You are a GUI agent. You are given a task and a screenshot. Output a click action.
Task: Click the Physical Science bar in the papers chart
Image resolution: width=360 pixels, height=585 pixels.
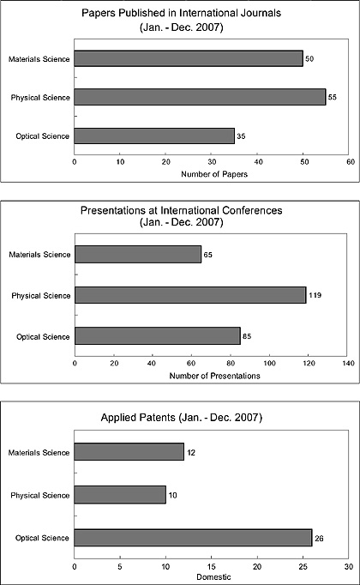[x=200, y=97]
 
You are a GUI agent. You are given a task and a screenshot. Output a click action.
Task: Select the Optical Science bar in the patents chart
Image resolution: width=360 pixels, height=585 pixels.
[x=193, y=538]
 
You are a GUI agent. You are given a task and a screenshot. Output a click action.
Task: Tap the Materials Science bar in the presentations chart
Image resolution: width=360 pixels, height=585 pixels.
[x=138, y=255]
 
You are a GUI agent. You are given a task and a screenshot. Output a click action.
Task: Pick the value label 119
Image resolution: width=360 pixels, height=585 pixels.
[x=315, y=295]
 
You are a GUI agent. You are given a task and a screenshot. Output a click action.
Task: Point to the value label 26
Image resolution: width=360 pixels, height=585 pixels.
[x=319, y=539]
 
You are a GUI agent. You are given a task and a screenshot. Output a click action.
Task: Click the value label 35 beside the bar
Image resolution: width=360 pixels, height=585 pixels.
[x=241, y=136]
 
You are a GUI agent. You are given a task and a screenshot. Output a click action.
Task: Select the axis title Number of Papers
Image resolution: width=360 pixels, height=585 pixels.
[x=214, y=174]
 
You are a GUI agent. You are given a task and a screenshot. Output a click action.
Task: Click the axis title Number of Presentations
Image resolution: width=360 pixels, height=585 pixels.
[x=214, y=376]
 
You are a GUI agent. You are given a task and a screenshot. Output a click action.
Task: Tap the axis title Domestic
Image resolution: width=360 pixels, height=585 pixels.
[x=213, y=576]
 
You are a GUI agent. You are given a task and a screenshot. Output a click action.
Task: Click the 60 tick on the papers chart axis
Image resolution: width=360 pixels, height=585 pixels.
[x=351, y=162]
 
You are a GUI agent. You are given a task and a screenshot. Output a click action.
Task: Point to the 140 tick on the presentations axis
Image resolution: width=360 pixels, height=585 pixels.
[x=348, y=364]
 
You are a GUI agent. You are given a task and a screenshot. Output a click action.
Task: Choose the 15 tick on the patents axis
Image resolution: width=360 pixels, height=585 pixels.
[x=212, y=567]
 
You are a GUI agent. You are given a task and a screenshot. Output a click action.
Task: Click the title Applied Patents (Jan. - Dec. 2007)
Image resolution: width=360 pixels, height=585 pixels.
[x=182, y=417]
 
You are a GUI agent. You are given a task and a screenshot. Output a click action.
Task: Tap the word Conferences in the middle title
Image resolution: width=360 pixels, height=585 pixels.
[x=252, y=210]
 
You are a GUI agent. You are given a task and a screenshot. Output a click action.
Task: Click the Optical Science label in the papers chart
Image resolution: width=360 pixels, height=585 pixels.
[x=43, y=136]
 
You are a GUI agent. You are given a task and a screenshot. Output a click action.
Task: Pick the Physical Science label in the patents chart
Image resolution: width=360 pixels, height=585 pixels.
[x=40, y=496]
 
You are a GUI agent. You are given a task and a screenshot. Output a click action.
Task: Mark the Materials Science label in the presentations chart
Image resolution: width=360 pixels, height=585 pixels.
[x=39, y=255]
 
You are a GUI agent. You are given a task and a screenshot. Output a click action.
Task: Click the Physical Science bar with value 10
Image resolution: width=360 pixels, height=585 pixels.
[x=120, y=495]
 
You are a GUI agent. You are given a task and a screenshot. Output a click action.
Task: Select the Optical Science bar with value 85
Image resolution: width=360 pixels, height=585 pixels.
[x=158, y=335]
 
